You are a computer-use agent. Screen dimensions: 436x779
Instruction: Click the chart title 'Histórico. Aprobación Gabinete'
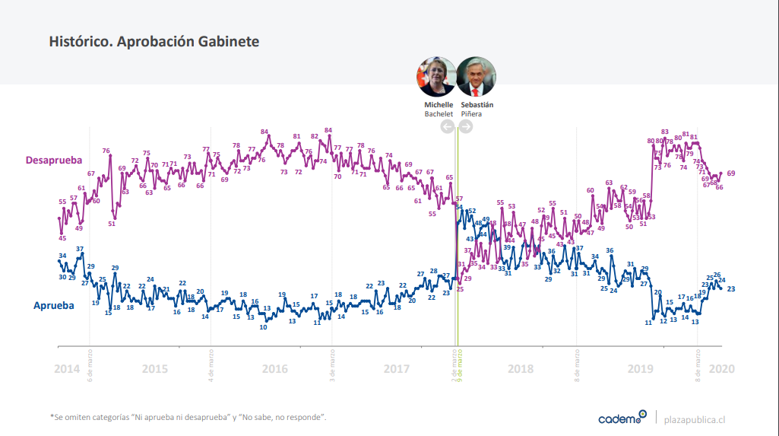click(x=154, y=42)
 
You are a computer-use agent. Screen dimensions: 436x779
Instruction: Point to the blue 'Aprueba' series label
click(x=53, y=305)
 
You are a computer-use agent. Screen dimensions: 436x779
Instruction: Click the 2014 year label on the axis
click(x=67, y=369)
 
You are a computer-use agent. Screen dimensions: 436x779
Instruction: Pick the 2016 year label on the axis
click(x=274, y=369)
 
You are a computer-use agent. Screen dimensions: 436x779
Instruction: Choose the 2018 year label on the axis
click(x=521, y=369)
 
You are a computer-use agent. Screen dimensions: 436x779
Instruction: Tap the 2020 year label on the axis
click(x=721, y=369)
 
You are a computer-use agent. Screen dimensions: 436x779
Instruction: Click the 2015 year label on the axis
click(x=154, y=369)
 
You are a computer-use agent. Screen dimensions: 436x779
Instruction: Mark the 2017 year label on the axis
click(x=397, y=369)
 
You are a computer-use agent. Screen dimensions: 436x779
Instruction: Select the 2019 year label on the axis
click(x=641, y=369)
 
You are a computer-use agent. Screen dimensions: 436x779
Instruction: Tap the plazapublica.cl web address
click(x=695, y=418)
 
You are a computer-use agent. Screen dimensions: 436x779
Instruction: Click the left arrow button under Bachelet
click(x=447, y=126)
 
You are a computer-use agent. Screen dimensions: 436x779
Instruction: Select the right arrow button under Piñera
click(x=466, y=126)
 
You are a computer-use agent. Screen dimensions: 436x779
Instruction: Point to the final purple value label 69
click(x=731, y=173)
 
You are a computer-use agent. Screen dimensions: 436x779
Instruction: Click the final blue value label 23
click(x=731, y=289)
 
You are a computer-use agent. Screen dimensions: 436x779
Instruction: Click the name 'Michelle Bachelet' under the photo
click(x=439, y=109)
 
